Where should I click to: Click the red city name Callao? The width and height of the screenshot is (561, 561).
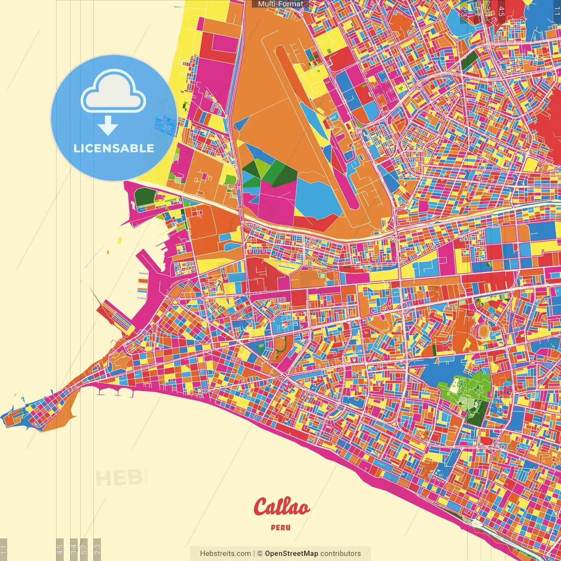[281, 507]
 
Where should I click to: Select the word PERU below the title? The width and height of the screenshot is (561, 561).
[280, 528]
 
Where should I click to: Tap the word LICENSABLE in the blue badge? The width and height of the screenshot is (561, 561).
[114, 148]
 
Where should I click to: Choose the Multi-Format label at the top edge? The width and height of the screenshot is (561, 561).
[280, 4]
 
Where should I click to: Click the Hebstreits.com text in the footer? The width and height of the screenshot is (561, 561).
[225, 554]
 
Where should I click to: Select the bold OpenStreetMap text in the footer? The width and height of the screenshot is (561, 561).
[291, 554]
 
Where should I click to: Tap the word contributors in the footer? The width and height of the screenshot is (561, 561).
[341, 554]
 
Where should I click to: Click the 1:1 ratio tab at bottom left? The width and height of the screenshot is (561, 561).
[4, 550]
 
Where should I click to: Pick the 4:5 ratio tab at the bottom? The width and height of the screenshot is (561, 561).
[60, 550]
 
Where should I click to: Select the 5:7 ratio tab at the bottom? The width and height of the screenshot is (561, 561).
[85, 550]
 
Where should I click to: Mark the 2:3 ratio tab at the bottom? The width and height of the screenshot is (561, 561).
[97, 550]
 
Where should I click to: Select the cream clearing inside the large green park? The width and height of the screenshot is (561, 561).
[454, 385]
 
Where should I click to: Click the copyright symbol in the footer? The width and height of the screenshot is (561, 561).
[260, 554]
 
